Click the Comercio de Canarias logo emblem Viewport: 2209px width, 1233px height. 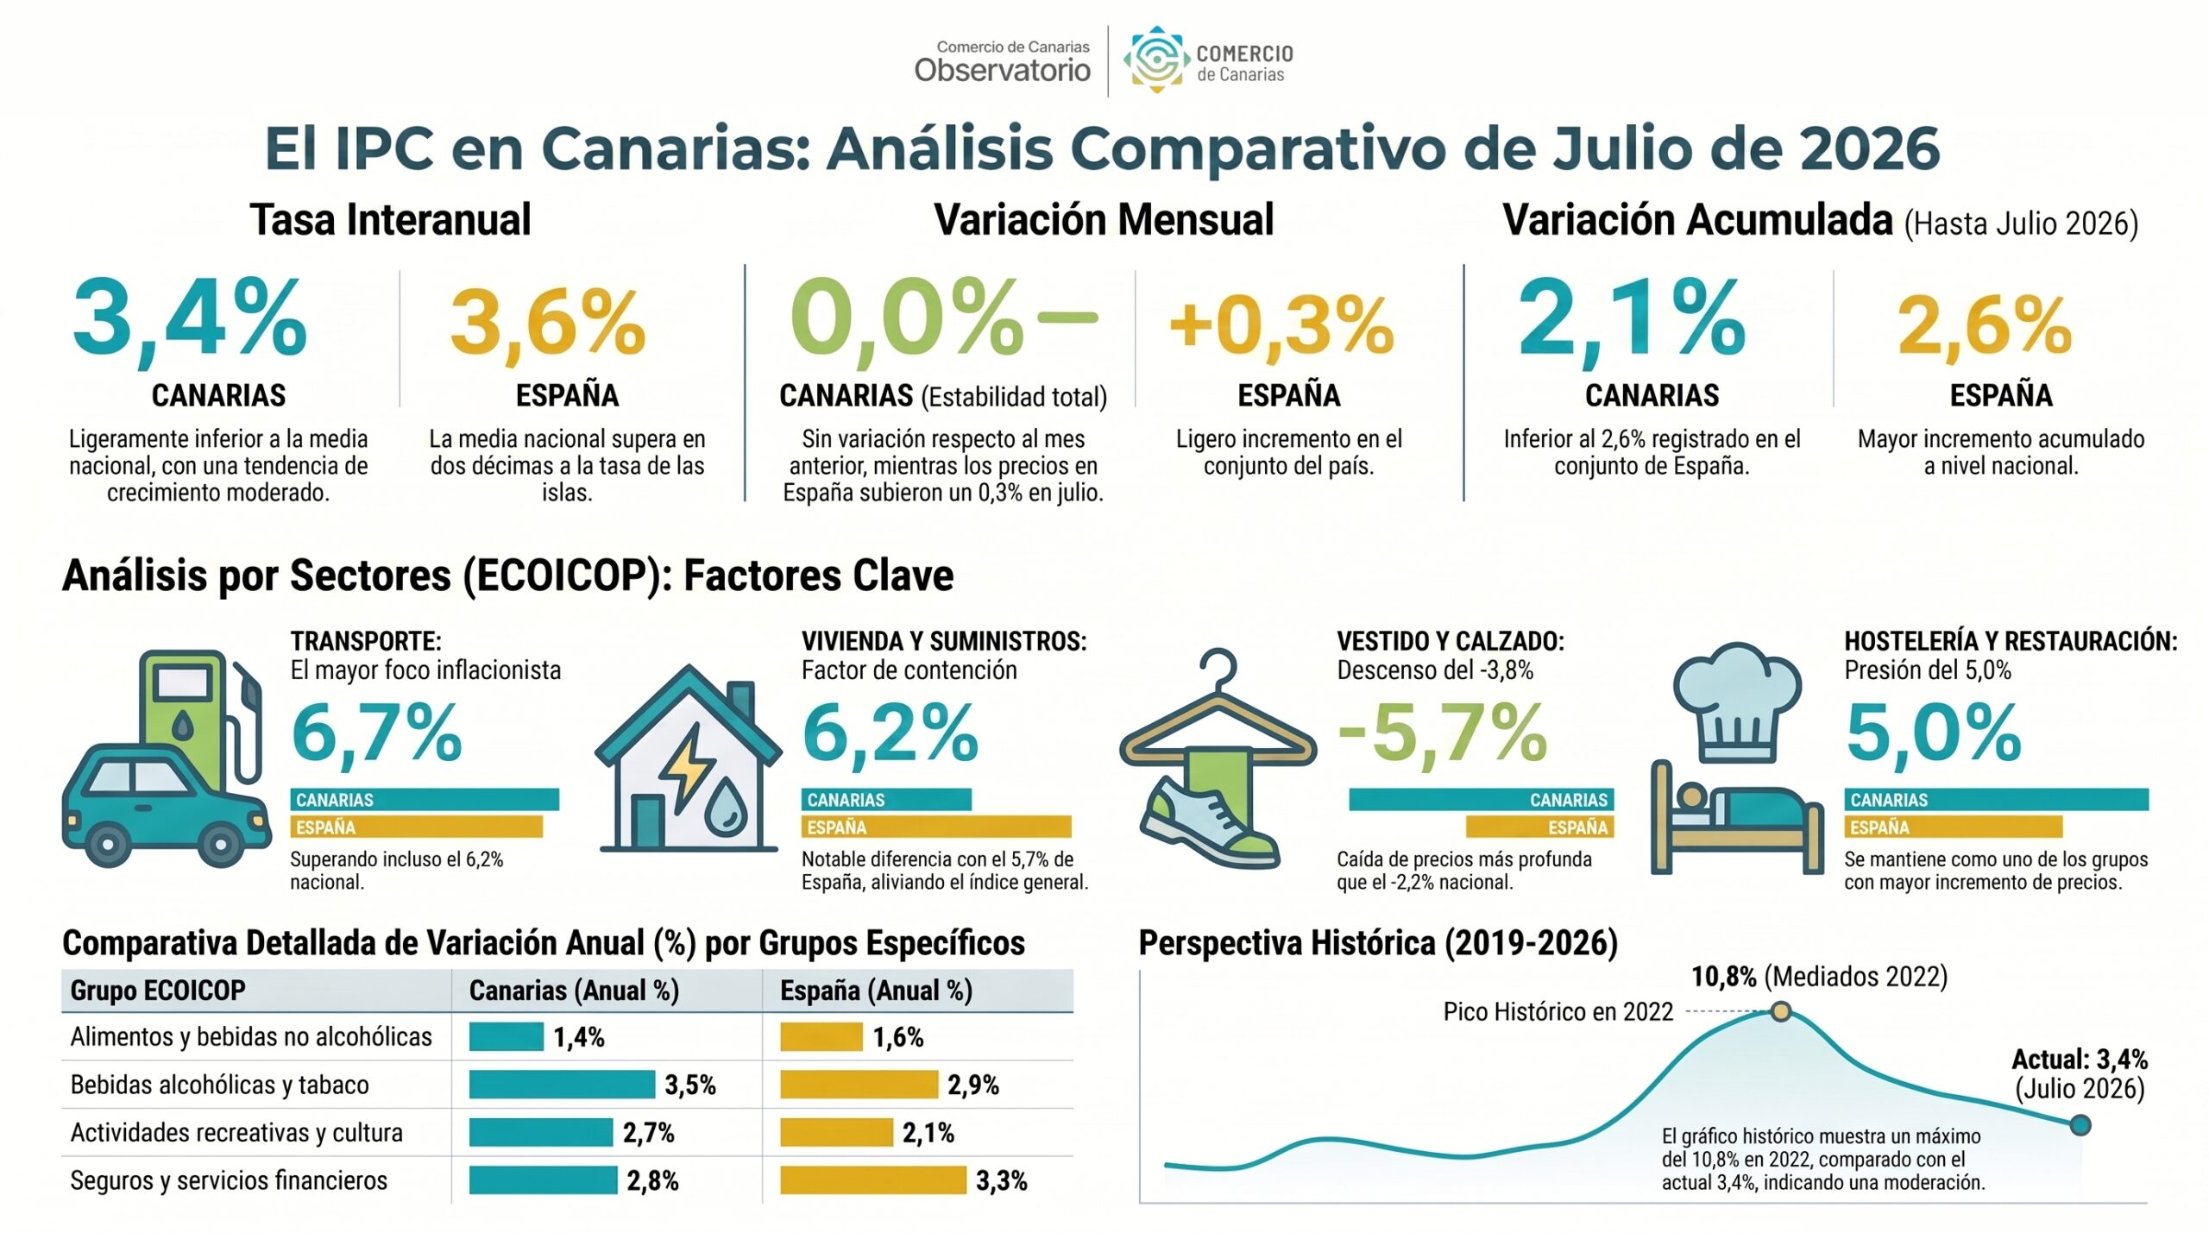[1155, 59]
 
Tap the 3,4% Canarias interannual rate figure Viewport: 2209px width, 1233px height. [190, 318]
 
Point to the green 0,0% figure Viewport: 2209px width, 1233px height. [906, 318]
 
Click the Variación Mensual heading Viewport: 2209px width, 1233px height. [1104, 219]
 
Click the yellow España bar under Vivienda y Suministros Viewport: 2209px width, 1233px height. [936, 827]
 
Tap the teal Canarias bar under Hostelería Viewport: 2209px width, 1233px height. [1997, 799]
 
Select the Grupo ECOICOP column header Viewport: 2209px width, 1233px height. [158, 990]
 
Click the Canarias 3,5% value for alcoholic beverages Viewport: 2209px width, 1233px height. [690, 1085]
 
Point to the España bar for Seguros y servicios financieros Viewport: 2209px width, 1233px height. [873, 1180]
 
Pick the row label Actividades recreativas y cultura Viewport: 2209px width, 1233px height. [236, 1132]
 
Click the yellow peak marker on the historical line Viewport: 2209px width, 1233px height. [1781, 1011]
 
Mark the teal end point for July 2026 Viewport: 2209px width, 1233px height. [2080, 1124]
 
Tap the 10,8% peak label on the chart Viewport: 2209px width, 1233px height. [1724, 977]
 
